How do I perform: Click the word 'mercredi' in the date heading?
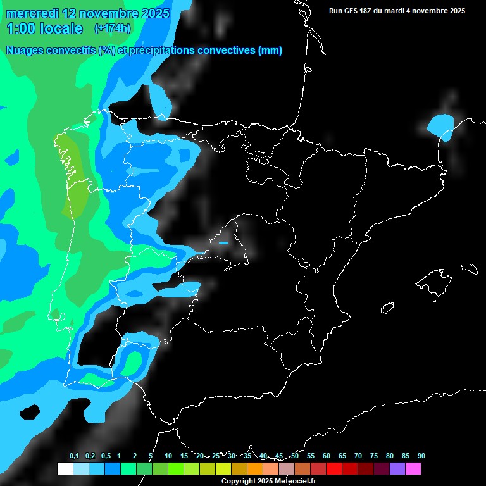pyautogui.click(x=33, y=13)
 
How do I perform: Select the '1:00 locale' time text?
pyautogui.click(x=44, y=28)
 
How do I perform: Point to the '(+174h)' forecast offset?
pyautogui.click(x=112, y=28)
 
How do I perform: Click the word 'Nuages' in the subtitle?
pyautogui.click(x=25, y=51)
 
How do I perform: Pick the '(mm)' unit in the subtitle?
pyautogui.click(x=270, y=51)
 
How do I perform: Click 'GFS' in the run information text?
pyautogui.click(x=354, y=11)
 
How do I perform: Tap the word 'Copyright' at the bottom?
pyautogui.click(x=240, y=482)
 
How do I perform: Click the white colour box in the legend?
pyautogui.click(x=65, y=469)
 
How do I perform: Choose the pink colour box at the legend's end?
pyautogui.click(x=413, y=469)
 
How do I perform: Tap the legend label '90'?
pyautogui.click(x=421, y=456)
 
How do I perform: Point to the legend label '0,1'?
pyautogui.click(x=73, y=456)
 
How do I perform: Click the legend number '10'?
pyautogui.click(x=168, y=456)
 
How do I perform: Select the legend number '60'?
pyautogui.click(x=326, y=456)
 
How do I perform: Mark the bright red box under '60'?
pyautogui.click(x=334, y=469)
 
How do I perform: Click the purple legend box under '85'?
pyautogui.click(x=397, y=469)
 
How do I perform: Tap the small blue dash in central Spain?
pyautogui.click(x=223, y=242)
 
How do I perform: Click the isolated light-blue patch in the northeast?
pyautogui.click(x=440, y=125)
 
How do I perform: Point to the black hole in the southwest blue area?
pyautogui.click(x=29, y=413)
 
